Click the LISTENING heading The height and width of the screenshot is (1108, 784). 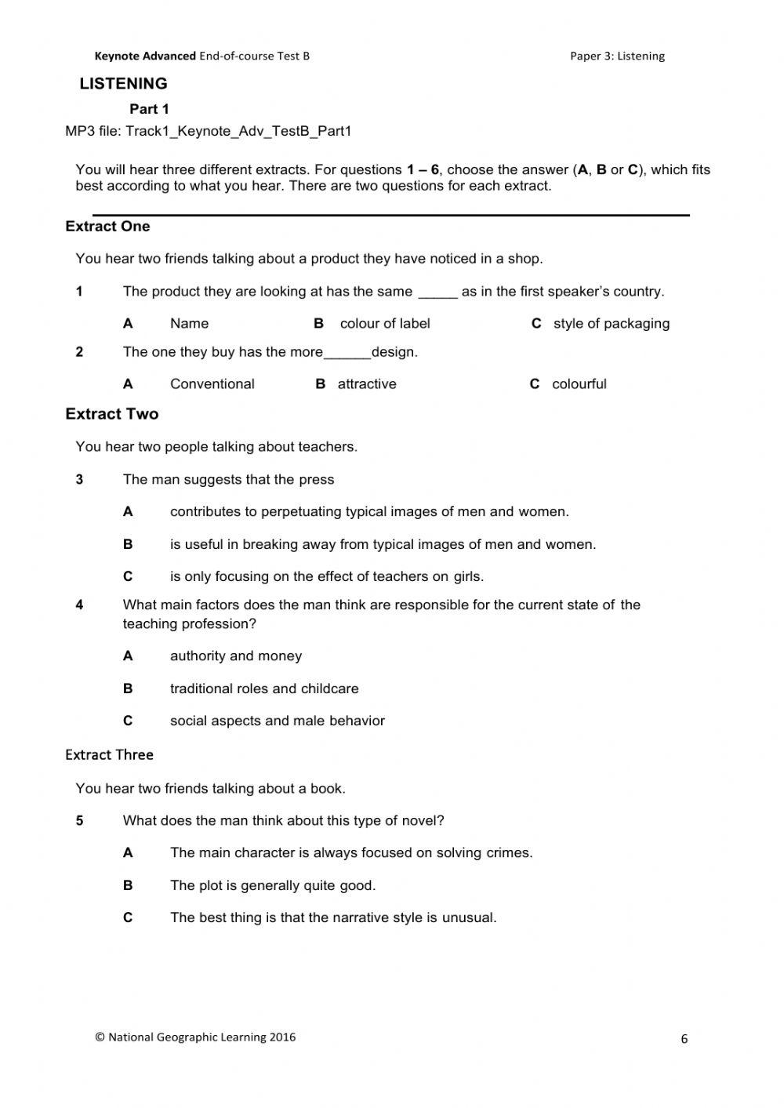(123, 84)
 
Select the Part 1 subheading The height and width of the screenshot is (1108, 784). (149, 109)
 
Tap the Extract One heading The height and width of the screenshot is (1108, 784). (107, 227)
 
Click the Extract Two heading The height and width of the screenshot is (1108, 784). (111, 414)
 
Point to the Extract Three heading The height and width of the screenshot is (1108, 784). (109, 754)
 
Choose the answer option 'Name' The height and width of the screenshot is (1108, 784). (189, 324)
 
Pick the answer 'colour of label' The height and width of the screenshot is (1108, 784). (385, 324)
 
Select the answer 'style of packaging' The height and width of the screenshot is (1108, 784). (611, 324)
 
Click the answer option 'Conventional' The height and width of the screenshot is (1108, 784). (212, 384)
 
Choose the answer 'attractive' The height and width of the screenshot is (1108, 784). (367, 384)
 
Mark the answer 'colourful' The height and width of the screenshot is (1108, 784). (579, 384)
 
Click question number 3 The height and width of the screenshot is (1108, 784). (79, 480)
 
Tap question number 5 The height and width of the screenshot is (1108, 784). (79, 821)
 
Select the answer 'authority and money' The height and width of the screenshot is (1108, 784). (235, 656)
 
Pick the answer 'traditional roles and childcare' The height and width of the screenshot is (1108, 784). (264, 689)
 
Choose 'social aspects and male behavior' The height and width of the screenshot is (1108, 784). (277, 721)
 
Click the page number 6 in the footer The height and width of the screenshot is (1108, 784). (684, 1039)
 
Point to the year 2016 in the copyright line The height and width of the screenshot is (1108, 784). (282, 1037)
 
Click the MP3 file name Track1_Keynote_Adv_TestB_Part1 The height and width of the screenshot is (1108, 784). (238, 131)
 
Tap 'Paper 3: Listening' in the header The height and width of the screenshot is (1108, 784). (617, 56)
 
